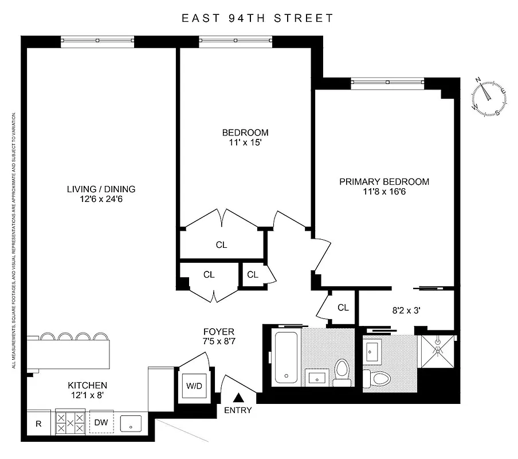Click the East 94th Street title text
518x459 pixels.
(x=257, y=18)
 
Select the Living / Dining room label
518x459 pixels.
(x=101, y=189)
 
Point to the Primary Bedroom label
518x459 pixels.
(x=384, y=182)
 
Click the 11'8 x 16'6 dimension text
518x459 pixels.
(x=384, y=192)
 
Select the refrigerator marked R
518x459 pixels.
(x=38, y=423)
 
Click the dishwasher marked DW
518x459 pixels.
(x=101, y=423)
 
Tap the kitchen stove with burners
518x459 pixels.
(x=70, y=423)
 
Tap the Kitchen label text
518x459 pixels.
(x=87, y=385)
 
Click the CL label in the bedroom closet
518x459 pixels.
(x=221, y=244)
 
